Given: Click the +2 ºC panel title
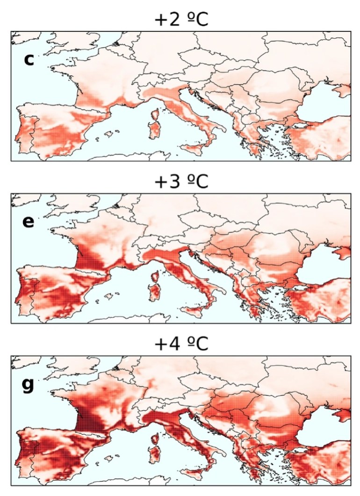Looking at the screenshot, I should (x=180, y=20).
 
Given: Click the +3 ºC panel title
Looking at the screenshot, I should (x=180, y=182).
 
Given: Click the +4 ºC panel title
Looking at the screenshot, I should (x=180, y=345).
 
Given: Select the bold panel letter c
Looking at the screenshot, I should (x=29, y=59).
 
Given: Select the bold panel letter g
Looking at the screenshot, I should (x=29, y=386).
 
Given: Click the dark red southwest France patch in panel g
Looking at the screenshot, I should (x=86, y=416).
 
